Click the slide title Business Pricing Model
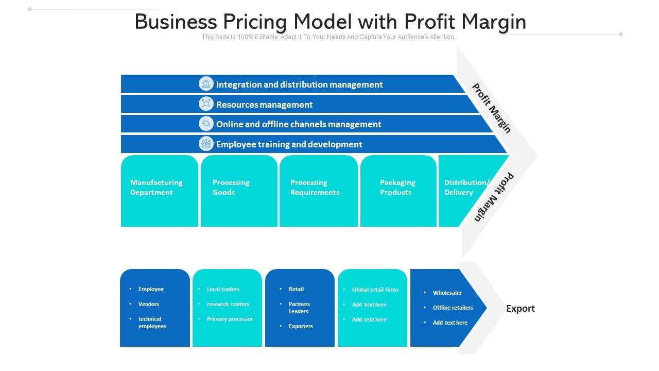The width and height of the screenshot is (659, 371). click(330, 22)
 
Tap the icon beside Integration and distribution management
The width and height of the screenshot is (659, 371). click(206, 84)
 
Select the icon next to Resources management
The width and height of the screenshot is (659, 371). click(206, 104)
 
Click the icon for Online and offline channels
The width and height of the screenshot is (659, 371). click(206, 124)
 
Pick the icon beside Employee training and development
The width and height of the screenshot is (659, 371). click(206, 144)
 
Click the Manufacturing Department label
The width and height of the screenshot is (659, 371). click(156, 188)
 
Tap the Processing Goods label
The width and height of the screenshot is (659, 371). click(231, 188)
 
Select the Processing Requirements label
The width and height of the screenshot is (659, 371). click(315, 188)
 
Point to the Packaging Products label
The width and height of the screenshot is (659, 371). click(397, 188)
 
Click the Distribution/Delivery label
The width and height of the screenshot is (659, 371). click(466, 188)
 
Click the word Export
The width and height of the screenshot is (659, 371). click(520, 309)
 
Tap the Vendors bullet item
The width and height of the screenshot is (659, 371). click(149, 304)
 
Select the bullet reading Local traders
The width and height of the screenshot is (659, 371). click(223, 289)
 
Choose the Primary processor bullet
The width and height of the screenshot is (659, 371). click(230, 319)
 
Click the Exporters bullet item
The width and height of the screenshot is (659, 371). click(301, 326)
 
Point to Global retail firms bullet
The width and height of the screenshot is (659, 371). click(375, 290)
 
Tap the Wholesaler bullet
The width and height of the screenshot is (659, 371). click(447, 293)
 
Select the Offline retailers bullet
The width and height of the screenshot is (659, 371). click(453, 308)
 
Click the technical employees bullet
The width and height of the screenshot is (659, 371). click(152, 323)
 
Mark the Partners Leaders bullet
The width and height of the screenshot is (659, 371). click(299, 308)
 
